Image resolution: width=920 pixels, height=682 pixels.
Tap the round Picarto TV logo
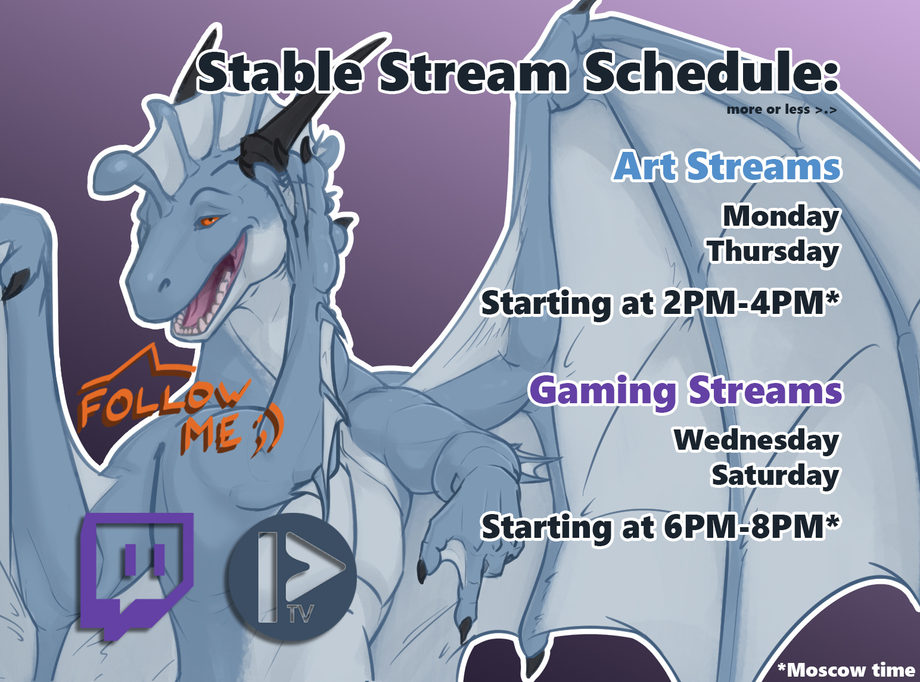(292, 577)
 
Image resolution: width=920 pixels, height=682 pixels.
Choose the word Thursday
(773, 252)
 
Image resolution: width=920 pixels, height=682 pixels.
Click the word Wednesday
(756, 440)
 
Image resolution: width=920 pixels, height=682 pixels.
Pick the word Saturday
(775, 475)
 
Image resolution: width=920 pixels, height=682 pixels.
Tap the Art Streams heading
(728, 166)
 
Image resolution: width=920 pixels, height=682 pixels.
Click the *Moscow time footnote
(847, 670)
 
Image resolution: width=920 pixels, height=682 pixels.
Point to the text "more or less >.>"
(782, 110)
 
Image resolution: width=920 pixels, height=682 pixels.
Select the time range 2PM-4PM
(751, 303)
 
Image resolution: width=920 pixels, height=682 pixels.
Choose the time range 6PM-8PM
(751, 527)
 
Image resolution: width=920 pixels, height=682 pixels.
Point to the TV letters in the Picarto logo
(301, 614)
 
